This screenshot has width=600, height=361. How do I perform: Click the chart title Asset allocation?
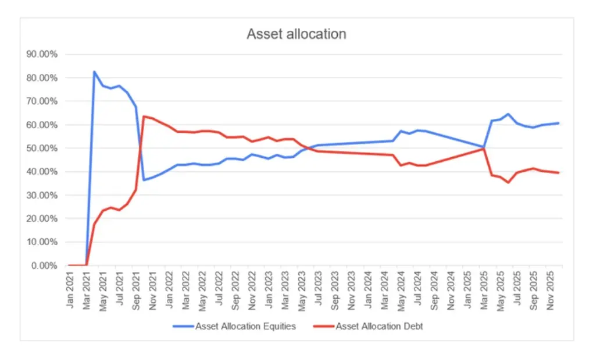296,34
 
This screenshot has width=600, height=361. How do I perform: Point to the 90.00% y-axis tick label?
42,55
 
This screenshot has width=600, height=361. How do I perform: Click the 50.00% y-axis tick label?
42,148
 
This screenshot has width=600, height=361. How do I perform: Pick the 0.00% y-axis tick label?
44,266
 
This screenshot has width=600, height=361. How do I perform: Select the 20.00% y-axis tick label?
42,218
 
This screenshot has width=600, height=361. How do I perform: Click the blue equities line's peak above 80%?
94,72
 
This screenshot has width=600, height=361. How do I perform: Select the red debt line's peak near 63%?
144,116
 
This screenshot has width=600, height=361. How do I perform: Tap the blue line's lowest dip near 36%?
144,180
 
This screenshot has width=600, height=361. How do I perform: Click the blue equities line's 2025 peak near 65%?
508,114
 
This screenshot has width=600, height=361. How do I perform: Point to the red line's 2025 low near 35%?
508,183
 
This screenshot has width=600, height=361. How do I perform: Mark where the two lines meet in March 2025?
483,148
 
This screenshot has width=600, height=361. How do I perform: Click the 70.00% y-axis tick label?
42,101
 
